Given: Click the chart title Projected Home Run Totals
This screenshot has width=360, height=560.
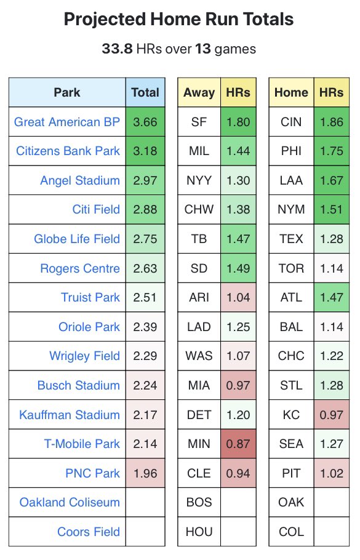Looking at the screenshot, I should point(178,20).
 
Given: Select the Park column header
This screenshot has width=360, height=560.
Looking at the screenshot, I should point(66,93).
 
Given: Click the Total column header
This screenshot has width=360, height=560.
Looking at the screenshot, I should point(145,93).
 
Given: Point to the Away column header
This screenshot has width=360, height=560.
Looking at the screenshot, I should point(199,93).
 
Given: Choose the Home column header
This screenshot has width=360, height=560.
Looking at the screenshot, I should point(291,93).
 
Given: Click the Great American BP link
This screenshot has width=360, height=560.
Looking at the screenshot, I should point(67,122).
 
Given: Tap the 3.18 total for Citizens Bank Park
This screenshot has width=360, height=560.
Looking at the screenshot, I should point(145,151).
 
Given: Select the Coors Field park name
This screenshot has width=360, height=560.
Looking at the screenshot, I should point(89,532).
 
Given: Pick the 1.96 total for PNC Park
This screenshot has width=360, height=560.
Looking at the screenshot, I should point(145,473).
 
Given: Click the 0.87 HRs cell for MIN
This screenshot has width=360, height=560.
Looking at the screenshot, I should point(238,444).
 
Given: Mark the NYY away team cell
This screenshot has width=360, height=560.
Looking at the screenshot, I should point(199,180).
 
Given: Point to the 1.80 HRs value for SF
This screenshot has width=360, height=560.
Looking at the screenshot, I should point(238,122).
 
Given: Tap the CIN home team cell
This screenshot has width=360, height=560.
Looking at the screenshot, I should point(291,122).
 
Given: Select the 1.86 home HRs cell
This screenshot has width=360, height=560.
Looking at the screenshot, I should point(331,122).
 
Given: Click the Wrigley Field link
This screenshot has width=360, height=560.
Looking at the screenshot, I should point(84,356).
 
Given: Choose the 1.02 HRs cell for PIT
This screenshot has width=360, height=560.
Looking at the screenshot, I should point(331,473).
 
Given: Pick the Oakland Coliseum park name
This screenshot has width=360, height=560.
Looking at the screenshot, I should point(70,502).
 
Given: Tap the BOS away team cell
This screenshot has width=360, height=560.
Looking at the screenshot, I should point(199,502).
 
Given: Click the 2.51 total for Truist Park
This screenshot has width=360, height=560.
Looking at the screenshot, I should point(145,297).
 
